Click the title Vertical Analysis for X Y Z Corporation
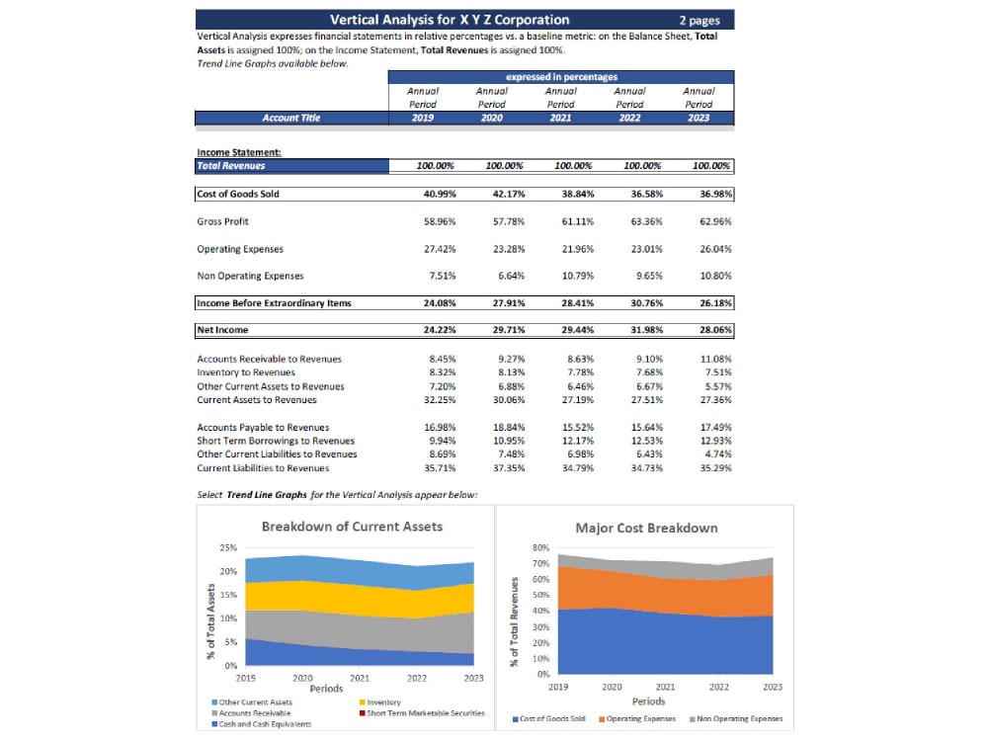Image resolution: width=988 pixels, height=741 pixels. click(x=449, y=20)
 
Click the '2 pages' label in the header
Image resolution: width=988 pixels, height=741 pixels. click(x=699, y=20)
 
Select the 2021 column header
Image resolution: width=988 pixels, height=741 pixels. click(x=560, y=118)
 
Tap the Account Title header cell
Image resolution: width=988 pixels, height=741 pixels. click(x=290, y=118)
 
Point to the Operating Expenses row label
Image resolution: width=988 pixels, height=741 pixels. click(x=240, y=249)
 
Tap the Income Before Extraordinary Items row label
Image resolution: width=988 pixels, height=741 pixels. click(x=274, y=302)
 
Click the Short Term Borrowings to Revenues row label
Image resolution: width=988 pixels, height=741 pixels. click(x=276, y=441)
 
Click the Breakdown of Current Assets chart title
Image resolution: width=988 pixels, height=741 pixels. click(x=352, y=527)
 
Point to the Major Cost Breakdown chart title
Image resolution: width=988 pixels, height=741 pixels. click(x=646, y=528)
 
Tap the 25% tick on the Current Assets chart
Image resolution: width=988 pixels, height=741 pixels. click(x=227, y=547)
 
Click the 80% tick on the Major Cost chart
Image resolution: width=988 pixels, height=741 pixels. click(x=540, y=546)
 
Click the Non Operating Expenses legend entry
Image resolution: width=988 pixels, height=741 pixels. click(x=738, y=718)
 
